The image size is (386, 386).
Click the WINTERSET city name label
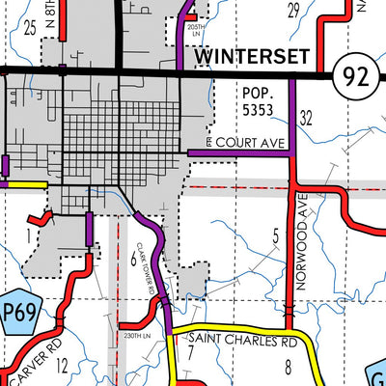tap(254, 57)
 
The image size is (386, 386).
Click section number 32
tap(308, 119)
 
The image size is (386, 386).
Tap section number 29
tap(293, 11)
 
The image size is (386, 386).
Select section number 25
tap(30, 29)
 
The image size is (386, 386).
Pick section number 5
tap(275, 235)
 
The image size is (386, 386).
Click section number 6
tap(132, 257)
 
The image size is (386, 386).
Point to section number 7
tap(190, 349)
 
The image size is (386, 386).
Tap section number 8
tap(287, 365)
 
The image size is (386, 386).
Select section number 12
tap(63, 365)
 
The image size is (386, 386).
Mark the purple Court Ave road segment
tap(241, 152)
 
